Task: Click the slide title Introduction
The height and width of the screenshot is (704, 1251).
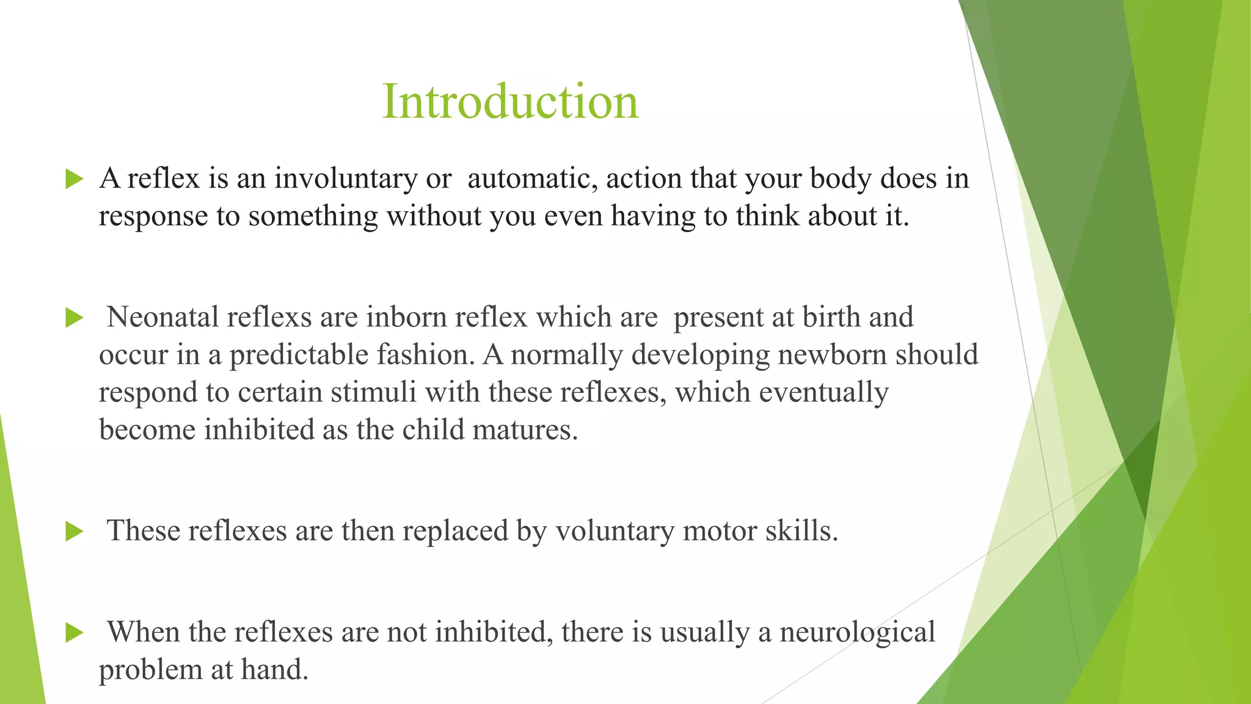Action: pos(510,101)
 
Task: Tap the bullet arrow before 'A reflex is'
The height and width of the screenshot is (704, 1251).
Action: pos(74,180)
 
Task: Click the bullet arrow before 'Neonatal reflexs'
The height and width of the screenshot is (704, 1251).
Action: pos(74,318)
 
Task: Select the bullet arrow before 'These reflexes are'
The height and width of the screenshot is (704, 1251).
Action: pos(74,531)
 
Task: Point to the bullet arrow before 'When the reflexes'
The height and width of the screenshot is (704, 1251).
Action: pos(74,632)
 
